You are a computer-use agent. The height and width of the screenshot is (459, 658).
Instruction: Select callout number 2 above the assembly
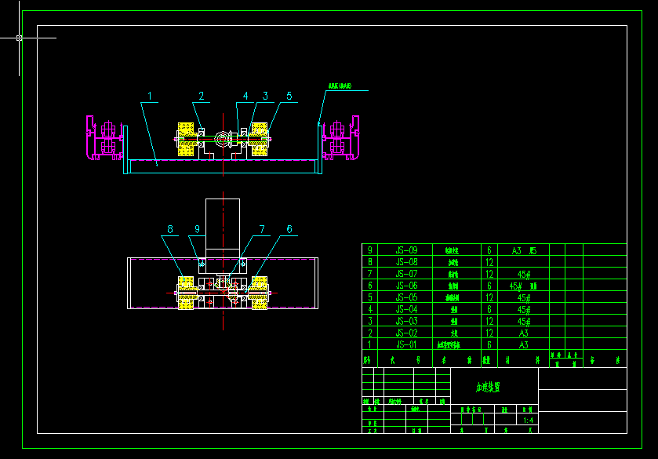coord(201,96)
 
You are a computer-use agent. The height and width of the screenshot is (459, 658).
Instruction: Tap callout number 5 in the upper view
coord(289,96)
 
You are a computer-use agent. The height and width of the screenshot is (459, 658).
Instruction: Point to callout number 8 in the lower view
coord(169,229)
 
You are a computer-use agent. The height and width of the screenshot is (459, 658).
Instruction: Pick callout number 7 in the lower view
coord(263,229)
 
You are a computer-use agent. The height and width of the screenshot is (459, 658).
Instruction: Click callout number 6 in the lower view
coord(289,229)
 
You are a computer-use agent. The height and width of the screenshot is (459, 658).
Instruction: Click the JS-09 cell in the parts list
coord(407,250)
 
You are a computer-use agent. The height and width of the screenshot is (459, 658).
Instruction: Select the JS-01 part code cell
coord(407,344)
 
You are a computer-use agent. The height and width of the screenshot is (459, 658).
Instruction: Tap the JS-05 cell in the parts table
coord(407,297)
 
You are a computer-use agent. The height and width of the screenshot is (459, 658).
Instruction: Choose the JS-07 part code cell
coord(407,274)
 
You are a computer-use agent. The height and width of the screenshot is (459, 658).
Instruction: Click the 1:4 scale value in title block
coord(529,421)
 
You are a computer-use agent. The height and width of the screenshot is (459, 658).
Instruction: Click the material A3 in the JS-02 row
coord(524,333)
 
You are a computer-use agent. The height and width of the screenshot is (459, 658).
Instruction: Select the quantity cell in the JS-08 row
coord(489,262)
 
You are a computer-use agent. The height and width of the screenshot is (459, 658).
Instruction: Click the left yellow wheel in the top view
coord(187,139)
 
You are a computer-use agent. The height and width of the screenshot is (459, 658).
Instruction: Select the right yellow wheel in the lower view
coord(258,293)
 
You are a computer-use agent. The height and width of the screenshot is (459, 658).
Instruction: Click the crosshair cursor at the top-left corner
coord(19,37)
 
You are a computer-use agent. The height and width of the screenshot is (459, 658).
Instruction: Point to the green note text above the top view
coord(340,86)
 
